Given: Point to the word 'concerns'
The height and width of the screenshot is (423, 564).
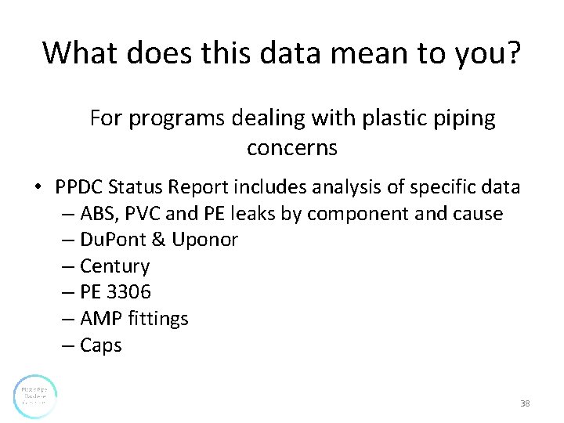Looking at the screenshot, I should pyautogui.click(x=291, y=147).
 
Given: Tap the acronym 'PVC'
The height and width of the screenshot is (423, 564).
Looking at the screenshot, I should pyautogui.click(x=143, y=214).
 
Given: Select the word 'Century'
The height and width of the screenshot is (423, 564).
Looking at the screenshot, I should pyautogui.click(x=114, y=266).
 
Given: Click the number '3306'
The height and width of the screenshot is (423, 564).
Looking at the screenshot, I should pyautogui.click(x=129, y=292).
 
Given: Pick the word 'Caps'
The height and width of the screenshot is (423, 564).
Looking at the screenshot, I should pyautogui.click(x=101, y=345).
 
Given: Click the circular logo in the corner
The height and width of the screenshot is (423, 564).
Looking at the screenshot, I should pyautogui.click(x=35, y=396).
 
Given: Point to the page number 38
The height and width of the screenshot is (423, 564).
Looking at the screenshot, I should pyautogui.click(x=525, y=403).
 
